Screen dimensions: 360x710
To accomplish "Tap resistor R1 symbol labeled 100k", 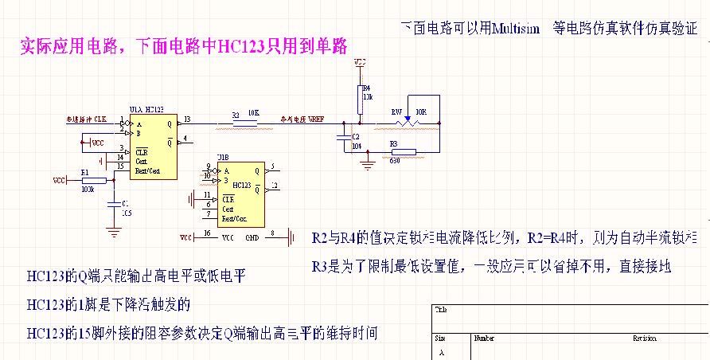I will click(x=92, y=181).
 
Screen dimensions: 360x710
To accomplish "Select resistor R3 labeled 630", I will click(x=403, y=151).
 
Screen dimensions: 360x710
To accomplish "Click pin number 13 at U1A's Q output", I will click(x=187, y=119).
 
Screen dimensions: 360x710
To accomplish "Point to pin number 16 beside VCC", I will click(x=208, y=234).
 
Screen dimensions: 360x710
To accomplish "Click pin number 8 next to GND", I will click(x=273, y=234).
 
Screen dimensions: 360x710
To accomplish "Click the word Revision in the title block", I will click(x=644, y=338).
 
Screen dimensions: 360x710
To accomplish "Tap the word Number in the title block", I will click(x=484, y=338).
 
